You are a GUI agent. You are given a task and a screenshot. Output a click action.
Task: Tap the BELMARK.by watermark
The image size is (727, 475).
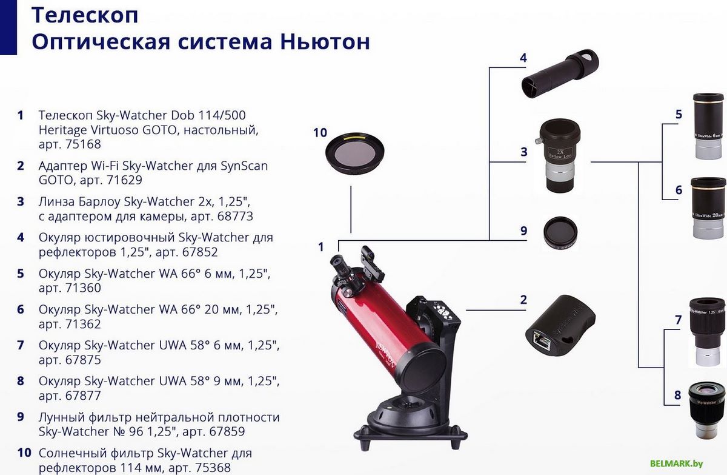(676, 463)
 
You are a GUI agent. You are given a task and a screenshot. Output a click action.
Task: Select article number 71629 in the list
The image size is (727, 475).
(122, 180)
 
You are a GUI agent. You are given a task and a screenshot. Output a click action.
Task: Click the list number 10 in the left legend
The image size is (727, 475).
(24, 453)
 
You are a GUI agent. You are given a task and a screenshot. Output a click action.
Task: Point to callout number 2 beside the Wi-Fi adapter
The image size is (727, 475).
(523, 300)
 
